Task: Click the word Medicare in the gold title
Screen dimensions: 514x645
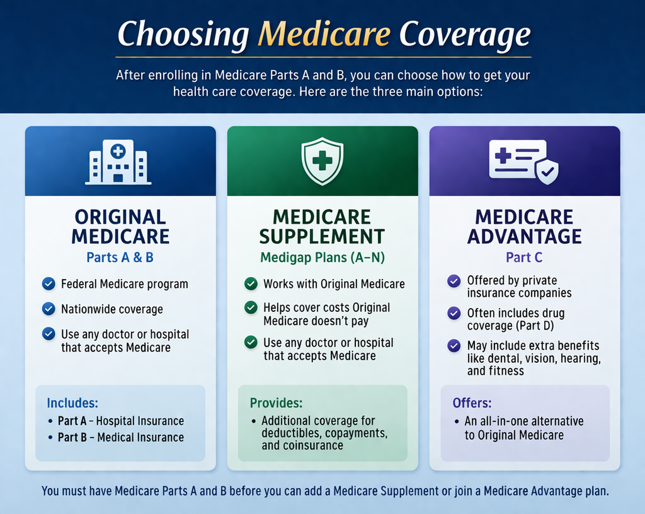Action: pyautogui.click(x=324, y=34)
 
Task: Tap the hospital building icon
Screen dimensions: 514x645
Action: pyautogui.click(x=118, y=162)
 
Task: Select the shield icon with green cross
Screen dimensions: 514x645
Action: pyautogui.click(x=322, y=161)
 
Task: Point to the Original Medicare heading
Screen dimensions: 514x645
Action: pyautogui.click(x=120, y=226)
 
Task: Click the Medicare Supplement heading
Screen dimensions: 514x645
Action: pyautogui.click(x=322, y=226)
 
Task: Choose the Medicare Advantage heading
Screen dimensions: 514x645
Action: pyautogui.click(x=525, y=226)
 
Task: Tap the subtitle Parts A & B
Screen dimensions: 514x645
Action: pyautogui.click(x=120, y=258)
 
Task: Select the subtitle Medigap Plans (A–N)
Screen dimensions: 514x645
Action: pyautogui.click(x=322, y=258)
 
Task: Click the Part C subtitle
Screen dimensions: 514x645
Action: pyautogui.click(x=524, y=258)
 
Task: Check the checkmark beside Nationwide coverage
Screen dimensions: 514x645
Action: pyautogui.click(x=49, y=309)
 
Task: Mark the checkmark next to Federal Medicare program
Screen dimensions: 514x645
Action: pyautogui.click(x=49, y=284)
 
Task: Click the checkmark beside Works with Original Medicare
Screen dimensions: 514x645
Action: pyautogui.click(x=251, y=284)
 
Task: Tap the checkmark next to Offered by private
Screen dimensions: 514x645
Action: pyautogui.click(x=454, y=281)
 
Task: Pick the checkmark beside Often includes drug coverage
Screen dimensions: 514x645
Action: pyautogui.click(x=454, y=313)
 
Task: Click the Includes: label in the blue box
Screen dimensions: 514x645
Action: pyautogui.click(x=72, y=403)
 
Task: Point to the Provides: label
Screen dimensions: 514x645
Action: pyautogui.click(x=276, y=403)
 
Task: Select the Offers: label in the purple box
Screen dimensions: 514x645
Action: pyautogui.click(x=472, y=403)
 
